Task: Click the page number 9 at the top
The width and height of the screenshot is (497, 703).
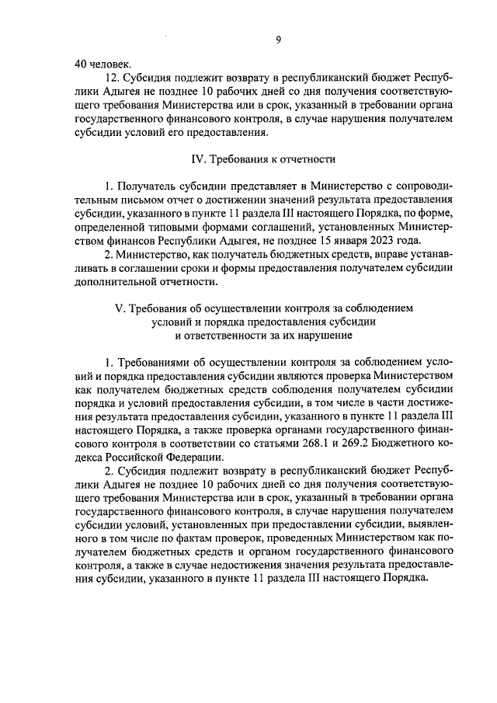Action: click(277, 40)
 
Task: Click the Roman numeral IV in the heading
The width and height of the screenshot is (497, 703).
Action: click(196, 159)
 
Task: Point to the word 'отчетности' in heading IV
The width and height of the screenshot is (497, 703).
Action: click(308, 159)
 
